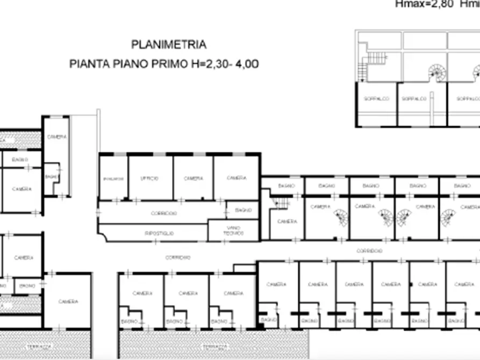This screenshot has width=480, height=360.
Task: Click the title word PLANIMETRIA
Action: [x=169, y=45]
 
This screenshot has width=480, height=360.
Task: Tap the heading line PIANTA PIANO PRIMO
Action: [x=129, y=64]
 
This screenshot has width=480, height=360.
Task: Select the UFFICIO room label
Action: [x=149, y=178]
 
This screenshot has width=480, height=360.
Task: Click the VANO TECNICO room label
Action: [x=233, y=231]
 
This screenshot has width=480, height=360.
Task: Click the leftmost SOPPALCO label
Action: [x=373, y=99]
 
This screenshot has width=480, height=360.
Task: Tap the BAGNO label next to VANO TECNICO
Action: [x=243, y=210]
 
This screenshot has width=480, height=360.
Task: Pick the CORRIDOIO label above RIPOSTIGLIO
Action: [x=163, y=213]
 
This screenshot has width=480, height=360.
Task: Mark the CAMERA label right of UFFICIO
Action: [x=193, y=178]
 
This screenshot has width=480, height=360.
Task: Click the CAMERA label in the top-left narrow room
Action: [x=56, y=137]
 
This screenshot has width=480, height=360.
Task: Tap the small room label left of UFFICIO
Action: [x=113, y=178]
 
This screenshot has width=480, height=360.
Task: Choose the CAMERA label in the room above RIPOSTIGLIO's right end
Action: [x=236, y=178]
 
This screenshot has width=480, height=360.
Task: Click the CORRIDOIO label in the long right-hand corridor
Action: [x=369, y=251]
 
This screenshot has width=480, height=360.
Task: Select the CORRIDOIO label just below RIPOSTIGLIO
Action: [x=177, y=257]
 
